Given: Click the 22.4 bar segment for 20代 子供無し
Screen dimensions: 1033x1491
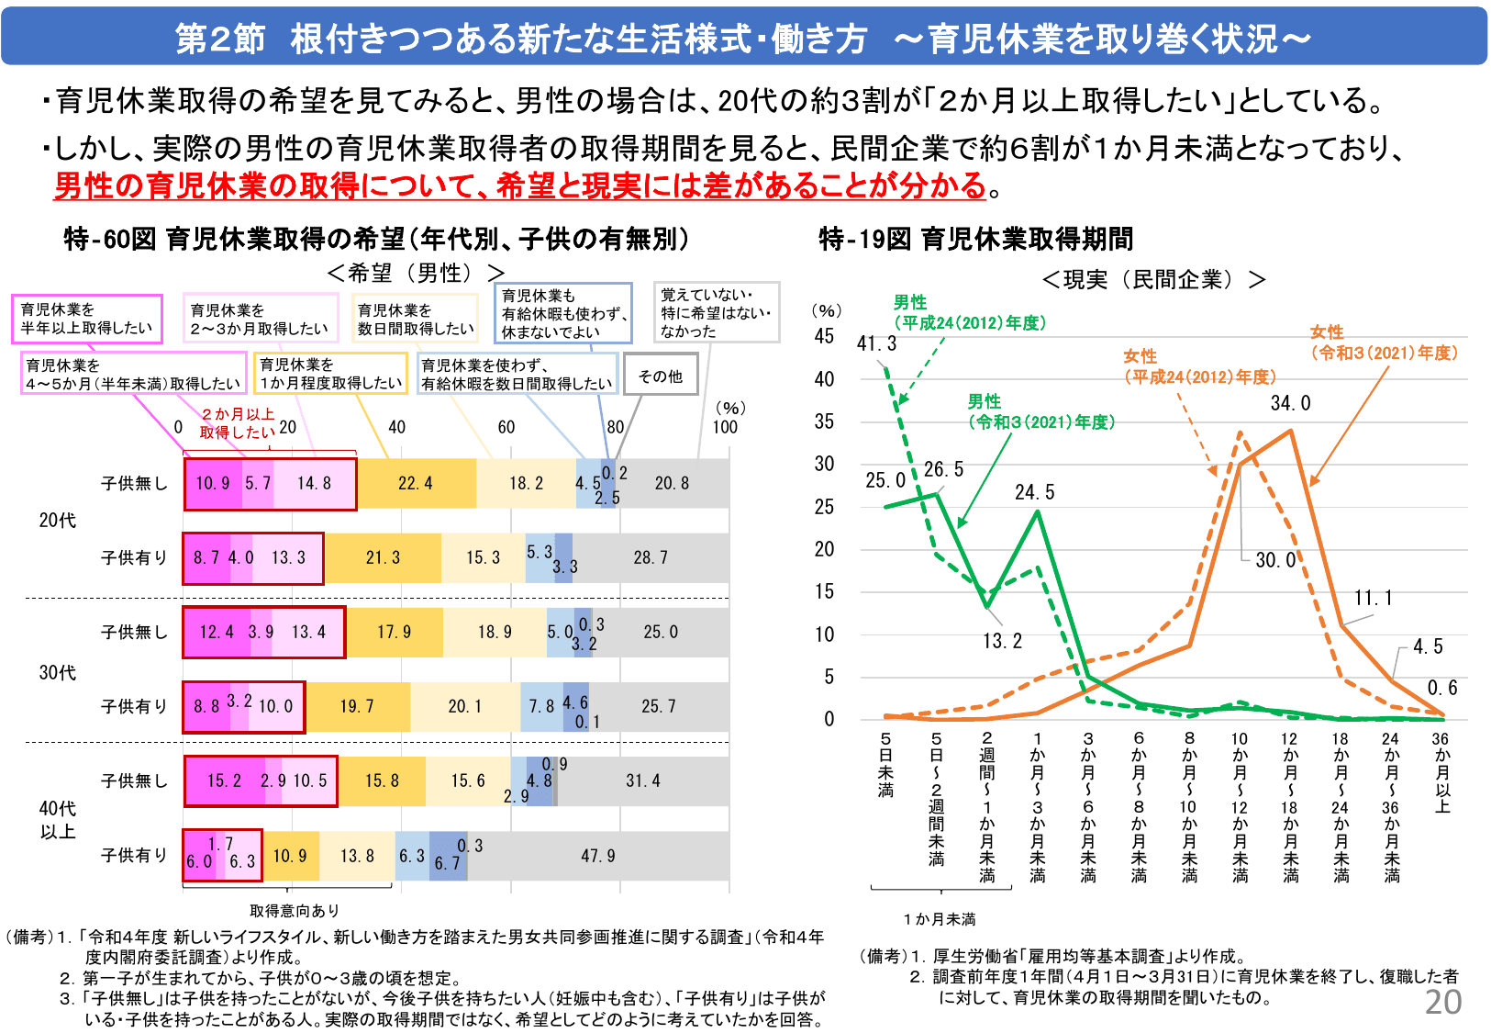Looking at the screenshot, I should (x=416, y=484).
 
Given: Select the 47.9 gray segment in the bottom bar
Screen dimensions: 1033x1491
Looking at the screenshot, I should (x=598, y=856).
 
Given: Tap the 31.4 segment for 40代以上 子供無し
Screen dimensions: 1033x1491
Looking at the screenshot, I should (x=642, y=780).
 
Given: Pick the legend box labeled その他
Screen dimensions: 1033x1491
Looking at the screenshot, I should (x=661, y=376).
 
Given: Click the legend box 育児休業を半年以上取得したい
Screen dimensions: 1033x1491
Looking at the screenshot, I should (x=86, y=319).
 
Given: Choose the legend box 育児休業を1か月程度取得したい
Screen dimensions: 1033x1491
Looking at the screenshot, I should (x=330, y=374).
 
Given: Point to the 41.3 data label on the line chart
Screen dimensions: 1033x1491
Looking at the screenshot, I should (x=876, y=343).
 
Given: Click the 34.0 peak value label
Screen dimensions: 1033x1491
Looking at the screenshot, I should (x=1290, y=403).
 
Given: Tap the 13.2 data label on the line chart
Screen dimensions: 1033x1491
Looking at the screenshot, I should (x=1002, y=641).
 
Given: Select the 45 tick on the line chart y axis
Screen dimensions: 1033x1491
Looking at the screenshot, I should (x=824, y=336).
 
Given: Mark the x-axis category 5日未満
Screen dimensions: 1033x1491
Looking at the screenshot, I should (x=885, y=764).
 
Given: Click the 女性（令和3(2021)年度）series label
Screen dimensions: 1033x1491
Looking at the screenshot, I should (x=1384, y=342).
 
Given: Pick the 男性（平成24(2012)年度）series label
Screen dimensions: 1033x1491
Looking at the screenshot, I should (x=969, y=312).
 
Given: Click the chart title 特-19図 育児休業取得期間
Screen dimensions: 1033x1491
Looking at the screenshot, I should (x=976, y=239).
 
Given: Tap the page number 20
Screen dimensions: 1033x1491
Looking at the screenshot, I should (x=1442, y=1002).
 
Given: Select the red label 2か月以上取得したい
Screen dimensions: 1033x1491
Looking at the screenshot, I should (x=237, y=423).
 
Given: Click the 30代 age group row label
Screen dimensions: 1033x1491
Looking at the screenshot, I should (x=57, y=673).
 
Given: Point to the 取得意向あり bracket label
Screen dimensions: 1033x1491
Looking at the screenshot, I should (x=295, y=910).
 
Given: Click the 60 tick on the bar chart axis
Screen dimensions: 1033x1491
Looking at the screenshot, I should (x=506, y=427).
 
